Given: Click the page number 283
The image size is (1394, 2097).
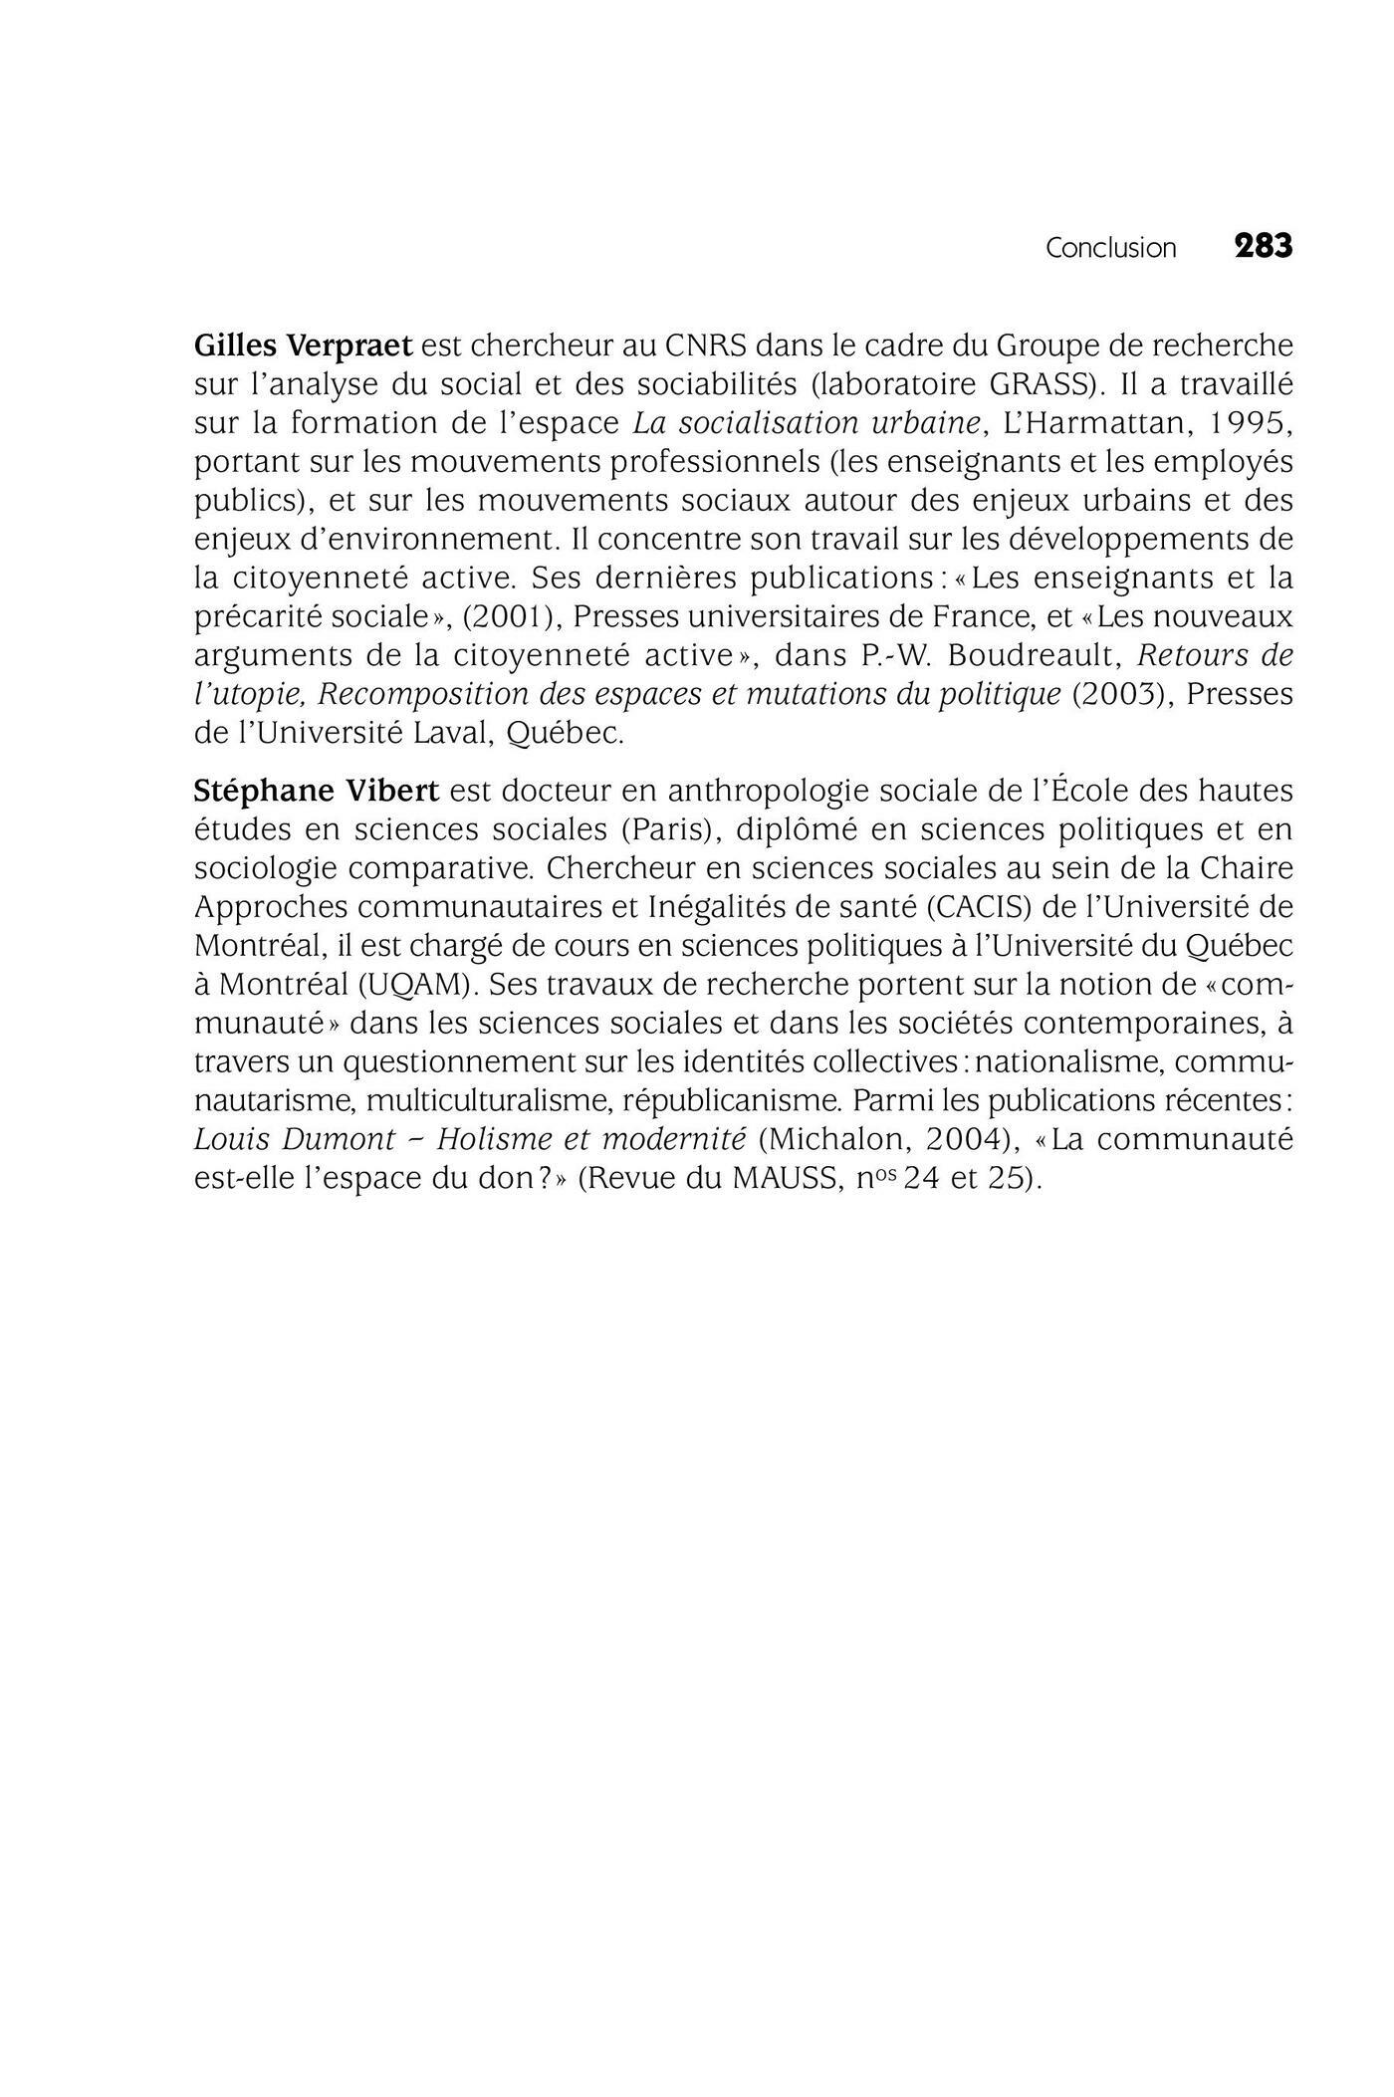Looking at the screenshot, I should pyautogui.click(x=1263, y=246).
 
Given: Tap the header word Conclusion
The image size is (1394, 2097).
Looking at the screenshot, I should pyautogui.click(x=1110, y=248).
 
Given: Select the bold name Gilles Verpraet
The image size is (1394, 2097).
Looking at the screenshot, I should pyautogui.click(x=303, y=346).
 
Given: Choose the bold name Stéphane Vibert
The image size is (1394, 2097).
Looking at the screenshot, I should pyautogui.click(x=316, y=791).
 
